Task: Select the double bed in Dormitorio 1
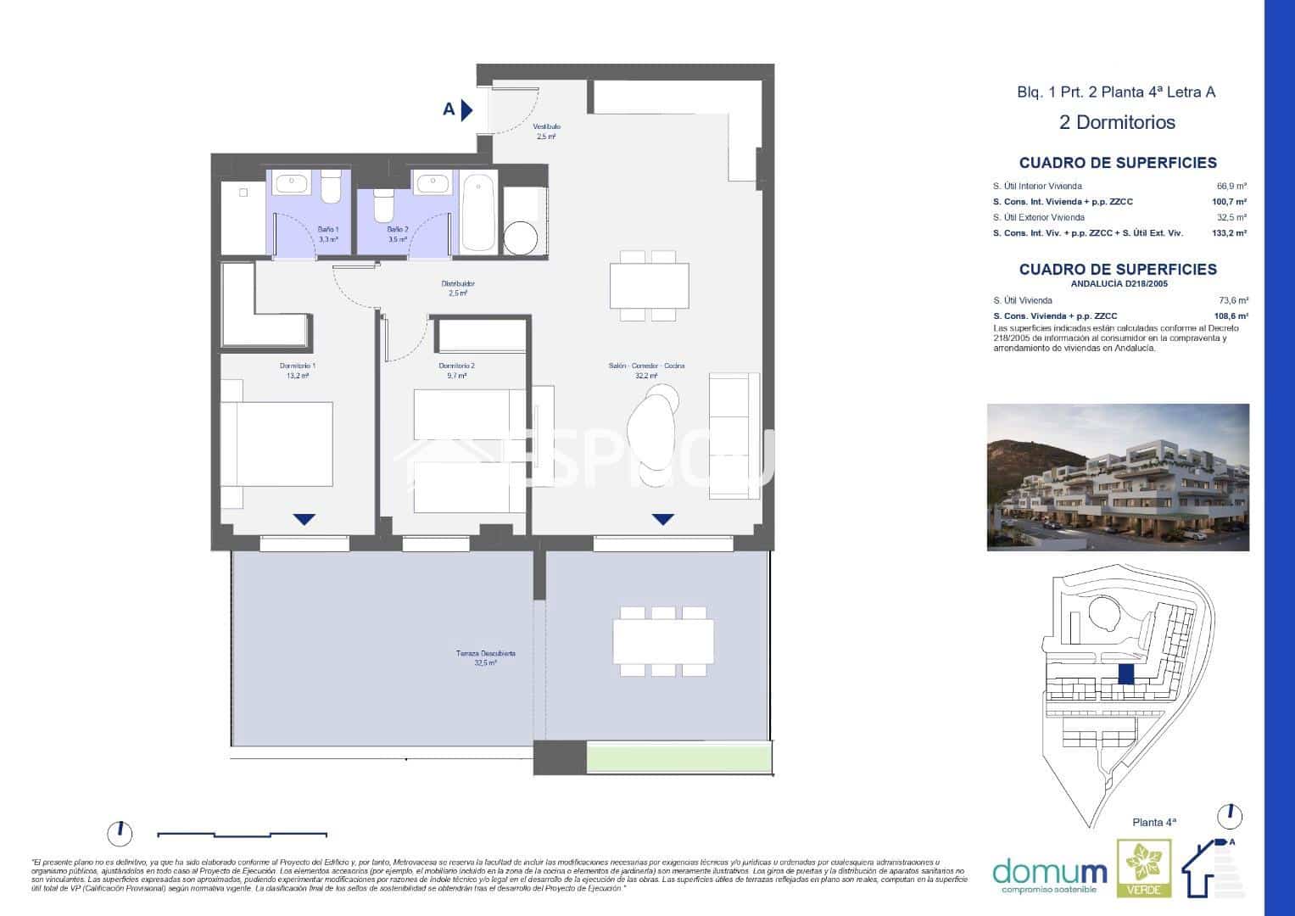pos(277,444)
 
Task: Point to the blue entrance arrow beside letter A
pos(466,109)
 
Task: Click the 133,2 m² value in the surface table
pos(1229,232)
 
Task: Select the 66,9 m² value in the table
pos(1231,186)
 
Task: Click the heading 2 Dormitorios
pos(1117,122)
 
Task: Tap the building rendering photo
pos(1118,477)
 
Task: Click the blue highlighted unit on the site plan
pos(1126,674)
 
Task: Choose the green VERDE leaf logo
pos(1143,869)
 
